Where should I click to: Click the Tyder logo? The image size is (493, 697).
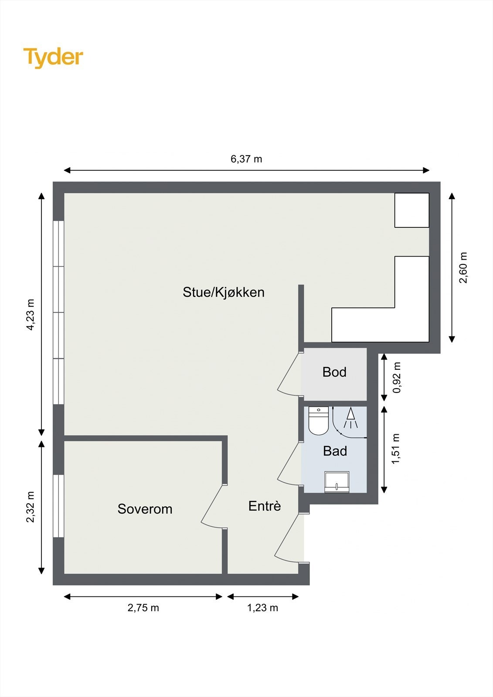click(x=53, y=57)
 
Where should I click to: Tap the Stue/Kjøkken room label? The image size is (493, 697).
click(x=223, y=292)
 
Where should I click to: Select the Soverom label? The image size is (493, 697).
click(x=145, y=509)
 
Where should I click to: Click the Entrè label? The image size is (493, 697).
click(x=265, y=506)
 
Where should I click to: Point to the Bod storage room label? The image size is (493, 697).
click(x=334, y=372)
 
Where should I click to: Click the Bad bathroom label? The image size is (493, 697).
click(x=335, y=451)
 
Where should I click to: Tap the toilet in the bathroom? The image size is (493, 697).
click(x=318, y=421)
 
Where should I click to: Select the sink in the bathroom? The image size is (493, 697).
click(x=337, y=482)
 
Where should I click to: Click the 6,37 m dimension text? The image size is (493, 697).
click(x=246, y=159)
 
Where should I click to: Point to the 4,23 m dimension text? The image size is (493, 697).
click(x=30, y=315)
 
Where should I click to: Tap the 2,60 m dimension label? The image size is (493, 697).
click(x=463, y=267)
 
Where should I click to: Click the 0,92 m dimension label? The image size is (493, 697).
click(x=397, y=377)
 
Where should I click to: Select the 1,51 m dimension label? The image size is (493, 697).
click(x=396, y=449)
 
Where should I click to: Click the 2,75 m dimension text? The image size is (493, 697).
click(x=143, y=608)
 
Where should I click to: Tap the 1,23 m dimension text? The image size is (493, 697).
click(x=262, y=608)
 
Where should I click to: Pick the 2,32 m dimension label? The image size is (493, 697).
click(x=30, y=507)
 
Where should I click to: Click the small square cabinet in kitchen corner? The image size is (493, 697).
click(x=411, y=210)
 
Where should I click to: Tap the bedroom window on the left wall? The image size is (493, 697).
click(x=58, y=506)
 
